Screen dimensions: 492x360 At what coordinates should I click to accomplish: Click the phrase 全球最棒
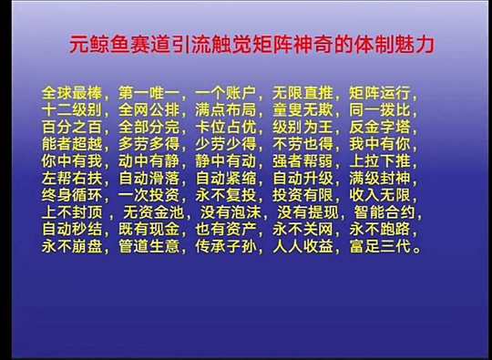(72, 93)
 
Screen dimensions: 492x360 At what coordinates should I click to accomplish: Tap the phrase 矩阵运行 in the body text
(380, 93)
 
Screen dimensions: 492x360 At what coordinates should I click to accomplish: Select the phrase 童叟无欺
(302, 110)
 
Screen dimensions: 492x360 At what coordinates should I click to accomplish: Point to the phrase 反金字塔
(380, 127)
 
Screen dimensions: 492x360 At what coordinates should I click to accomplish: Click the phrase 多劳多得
(149, 144)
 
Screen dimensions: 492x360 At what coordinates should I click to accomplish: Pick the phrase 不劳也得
(302, 144)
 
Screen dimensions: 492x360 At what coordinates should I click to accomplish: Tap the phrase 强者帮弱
(302, 161)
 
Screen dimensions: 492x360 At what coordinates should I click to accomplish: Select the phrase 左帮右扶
(72, 179)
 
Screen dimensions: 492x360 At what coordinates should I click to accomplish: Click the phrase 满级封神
(380, 179)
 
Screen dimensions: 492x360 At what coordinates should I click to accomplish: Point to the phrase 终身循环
(72, 195)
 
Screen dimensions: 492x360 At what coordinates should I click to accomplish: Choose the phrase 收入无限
(380, 195)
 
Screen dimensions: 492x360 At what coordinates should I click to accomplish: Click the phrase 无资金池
(154, 212)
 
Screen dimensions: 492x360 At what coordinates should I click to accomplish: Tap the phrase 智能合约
(384, 212)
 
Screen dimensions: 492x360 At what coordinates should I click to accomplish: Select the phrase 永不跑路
(380, 229)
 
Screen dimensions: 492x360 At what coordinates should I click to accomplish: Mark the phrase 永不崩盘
(72, 246)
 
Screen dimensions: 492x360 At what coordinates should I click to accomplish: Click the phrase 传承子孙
(226, 246)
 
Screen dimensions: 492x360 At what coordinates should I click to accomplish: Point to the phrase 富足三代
(380, 246)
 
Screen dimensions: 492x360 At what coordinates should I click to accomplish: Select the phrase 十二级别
(72, 110)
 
